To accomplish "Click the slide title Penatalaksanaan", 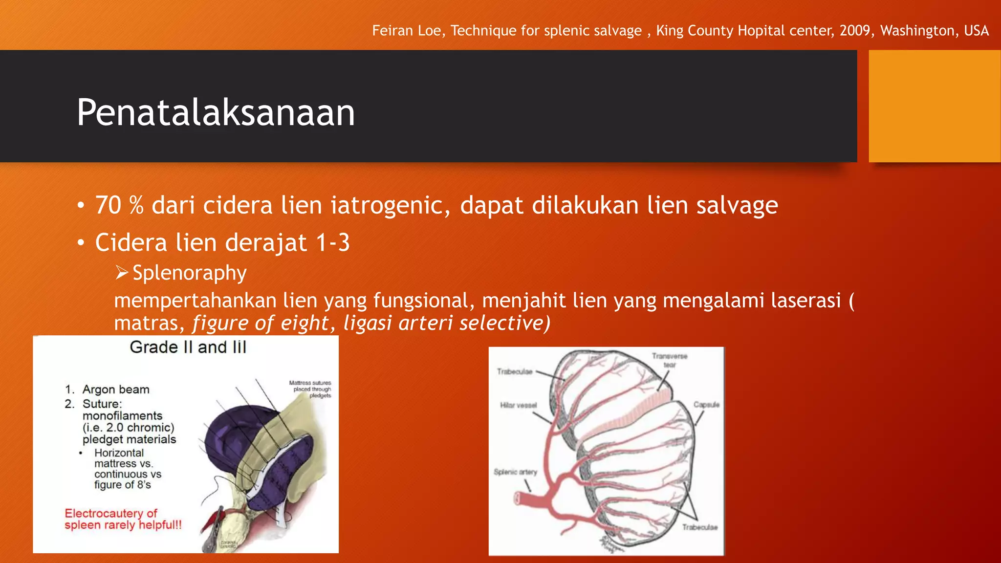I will click(216, 113).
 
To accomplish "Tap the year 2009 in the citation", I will click(855, 31).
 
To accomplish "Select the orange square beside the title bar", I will click(934, 106).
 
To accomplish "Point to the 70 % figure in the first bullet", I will click(119, 205).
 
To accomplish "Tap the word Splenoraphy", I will click(190, 273).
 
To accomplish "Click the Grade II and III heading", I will click(188, 347).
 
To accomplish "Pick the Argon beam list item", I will click(116, 390).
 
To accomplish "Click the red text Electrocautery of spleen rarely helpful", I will click(123, 519).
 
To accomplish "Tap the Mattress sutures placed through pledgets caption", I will click(310, 389).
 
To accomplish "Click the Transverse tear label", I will click(669, 360).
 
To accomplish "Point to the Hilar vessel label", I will click(518, 405).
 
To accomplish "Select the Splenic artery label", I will click(515, 472).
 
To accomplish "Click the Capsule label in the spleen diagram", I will click(706, 405).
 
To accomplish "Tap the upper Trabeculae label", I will click(514, 371).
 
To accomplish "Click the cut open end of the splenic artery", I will click(518, 498).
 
